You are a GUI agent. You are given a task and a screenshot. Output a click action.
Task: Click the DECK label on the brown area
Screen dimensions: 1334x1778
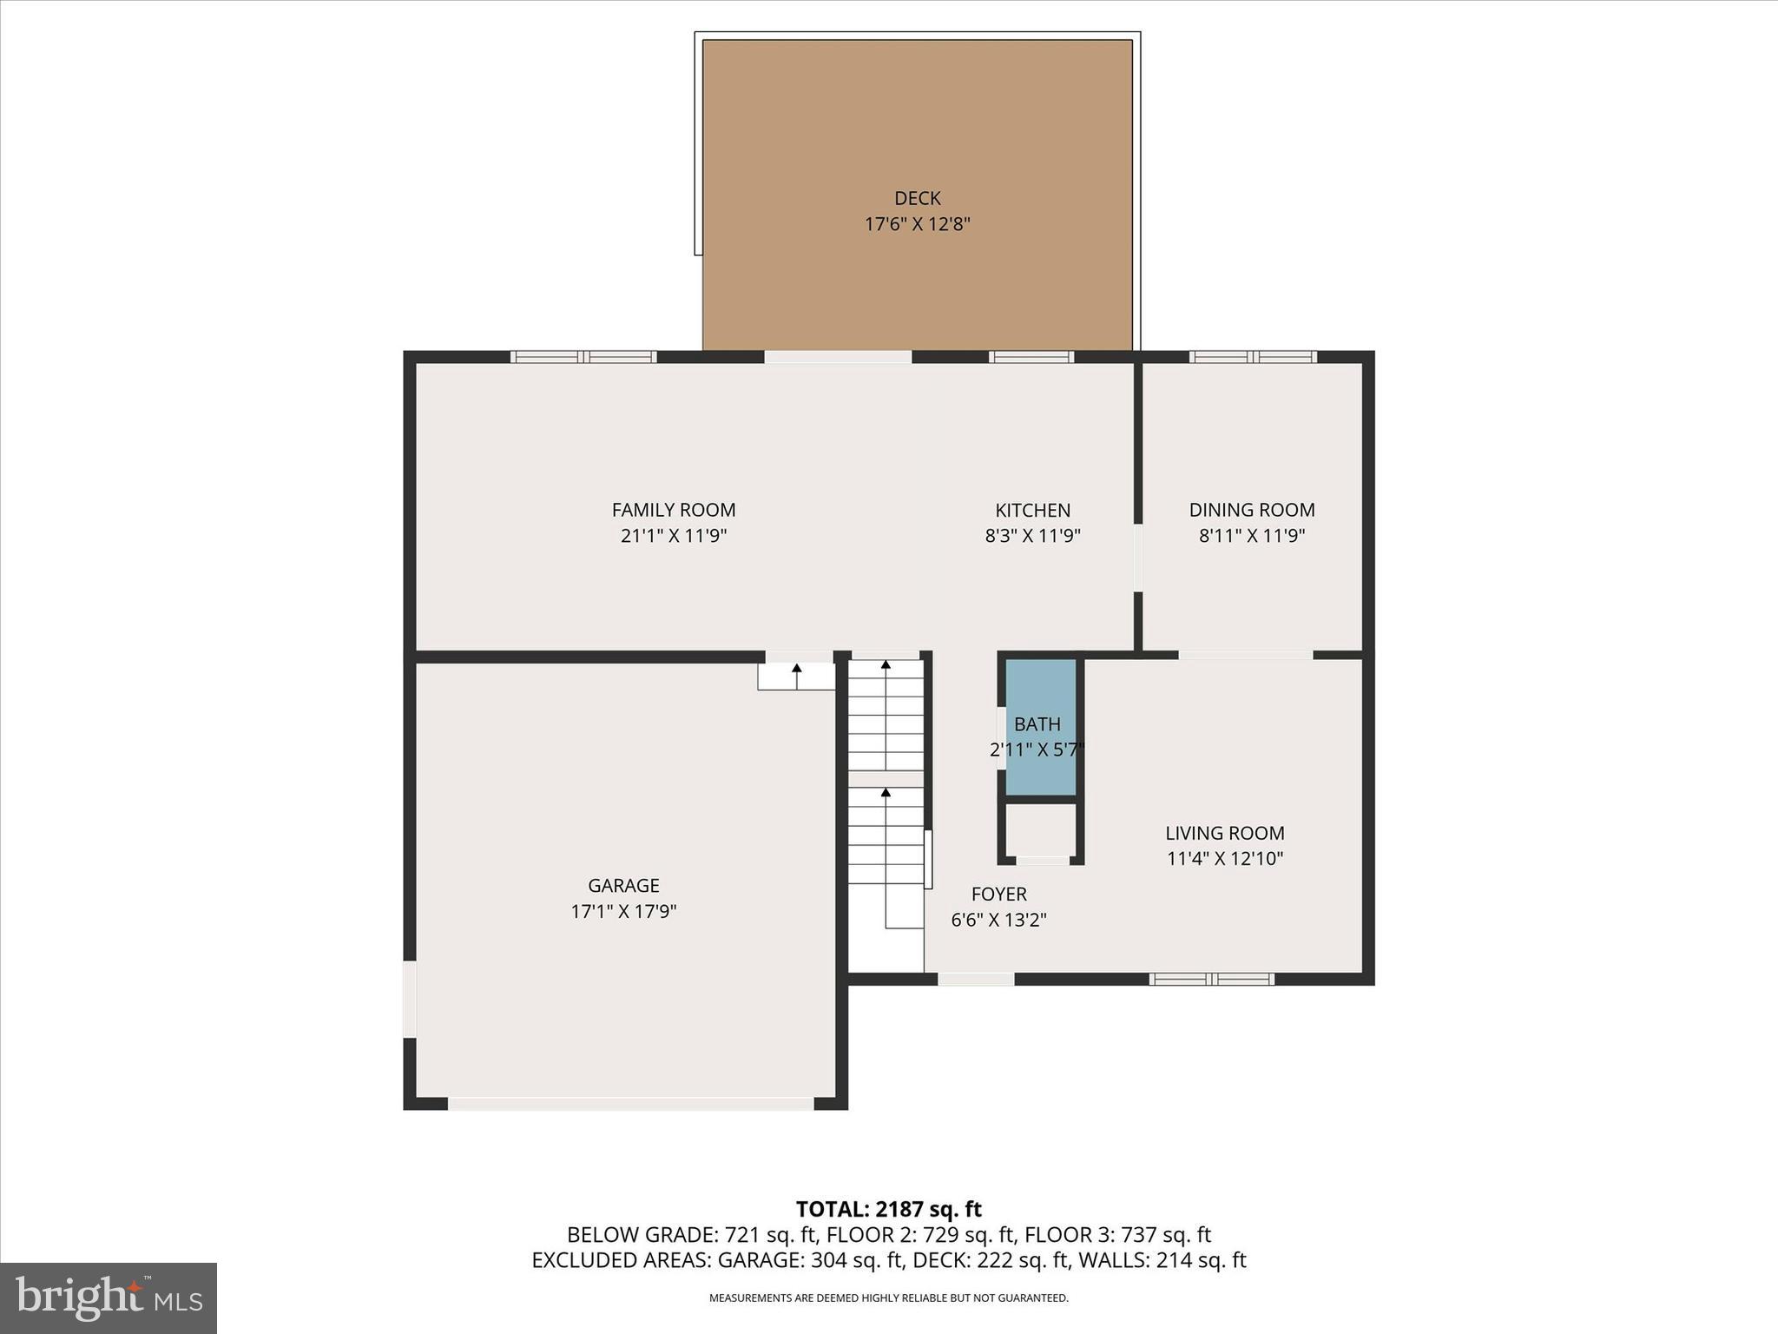pos(917,198)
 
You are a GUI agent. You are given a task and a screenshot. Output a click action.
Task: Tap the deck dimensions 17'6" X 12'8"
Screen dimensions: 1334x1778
pos(917,224)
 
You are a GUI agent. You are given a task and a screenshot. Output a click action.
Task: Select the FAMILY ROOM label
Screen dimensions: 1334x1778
pos(674,510)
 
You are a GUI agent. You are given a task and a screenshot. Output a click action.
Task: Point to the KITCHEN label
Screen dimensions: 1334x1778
pos(1032,510)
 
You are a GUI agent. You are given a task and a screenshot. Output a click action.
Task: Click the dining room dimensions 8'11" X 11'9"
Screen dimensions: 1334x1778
pos(1252,536)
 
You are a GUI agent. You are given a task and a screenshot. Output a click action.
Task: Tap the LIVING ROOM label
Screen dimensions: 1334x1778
pos(1224,833)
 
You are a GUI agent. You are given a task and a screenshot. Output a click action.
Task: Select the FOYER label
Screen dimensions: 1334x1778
pos(998,894)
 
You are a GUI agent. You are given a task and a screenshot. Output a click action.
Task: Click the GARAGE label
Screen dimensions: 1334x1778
pos(623,885)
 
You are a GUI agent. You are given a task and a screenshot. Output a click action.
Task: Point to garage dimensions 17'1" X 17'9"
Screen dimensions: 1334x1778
pos(623,911)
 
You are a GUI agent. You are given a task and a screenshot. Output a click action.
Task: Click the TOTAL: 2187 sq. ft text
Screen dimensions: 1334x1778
pos(888,1209)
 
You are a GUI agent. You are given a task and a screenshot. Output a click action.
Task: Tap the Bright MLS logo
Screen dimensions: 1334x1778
pos(109,1298)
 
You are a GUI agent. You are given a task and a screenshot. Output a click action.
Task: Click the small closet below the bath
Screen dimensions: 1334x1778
pos(1041,830)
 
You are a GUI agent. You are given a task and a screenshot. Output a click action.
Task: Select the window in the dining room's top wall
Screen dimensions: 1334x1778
pos(1253,357)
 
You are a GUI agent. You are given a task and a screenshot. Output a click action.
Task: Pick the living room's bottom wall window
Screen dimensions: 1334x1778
pos(1212,979)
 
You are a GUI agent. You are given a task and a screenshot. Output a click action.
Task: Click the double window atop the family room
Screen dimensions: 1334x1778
pos(583,357)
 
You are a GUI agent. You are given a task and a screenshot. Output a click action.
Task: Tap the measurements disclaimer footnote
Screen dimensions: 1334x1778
pos(888,1298)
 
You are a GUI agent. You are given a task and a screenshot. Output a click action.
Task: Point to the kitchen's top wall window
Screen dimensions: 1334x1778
pos(1031,357)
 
